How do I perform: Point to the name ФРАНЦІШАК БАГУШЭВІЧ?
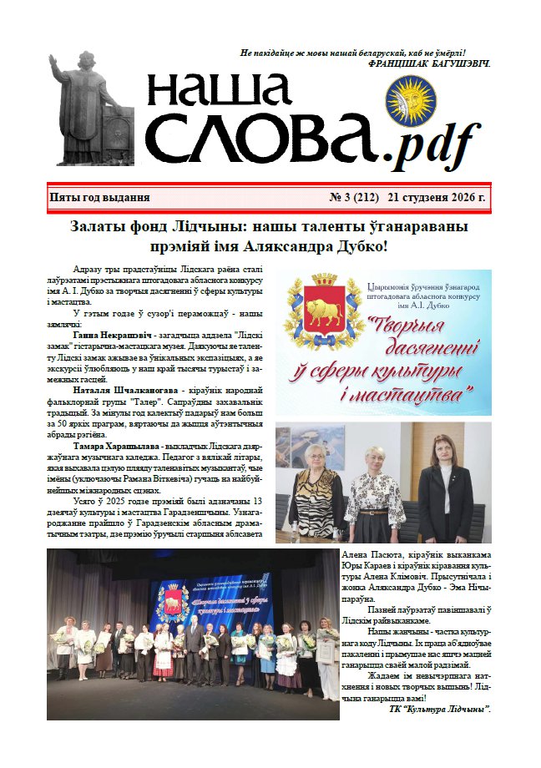(x=428, y=63)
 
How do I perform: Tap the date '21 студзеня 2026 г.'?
(x=436, y=198)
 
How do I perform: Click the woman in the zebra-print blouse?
(x=316, y=493)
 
